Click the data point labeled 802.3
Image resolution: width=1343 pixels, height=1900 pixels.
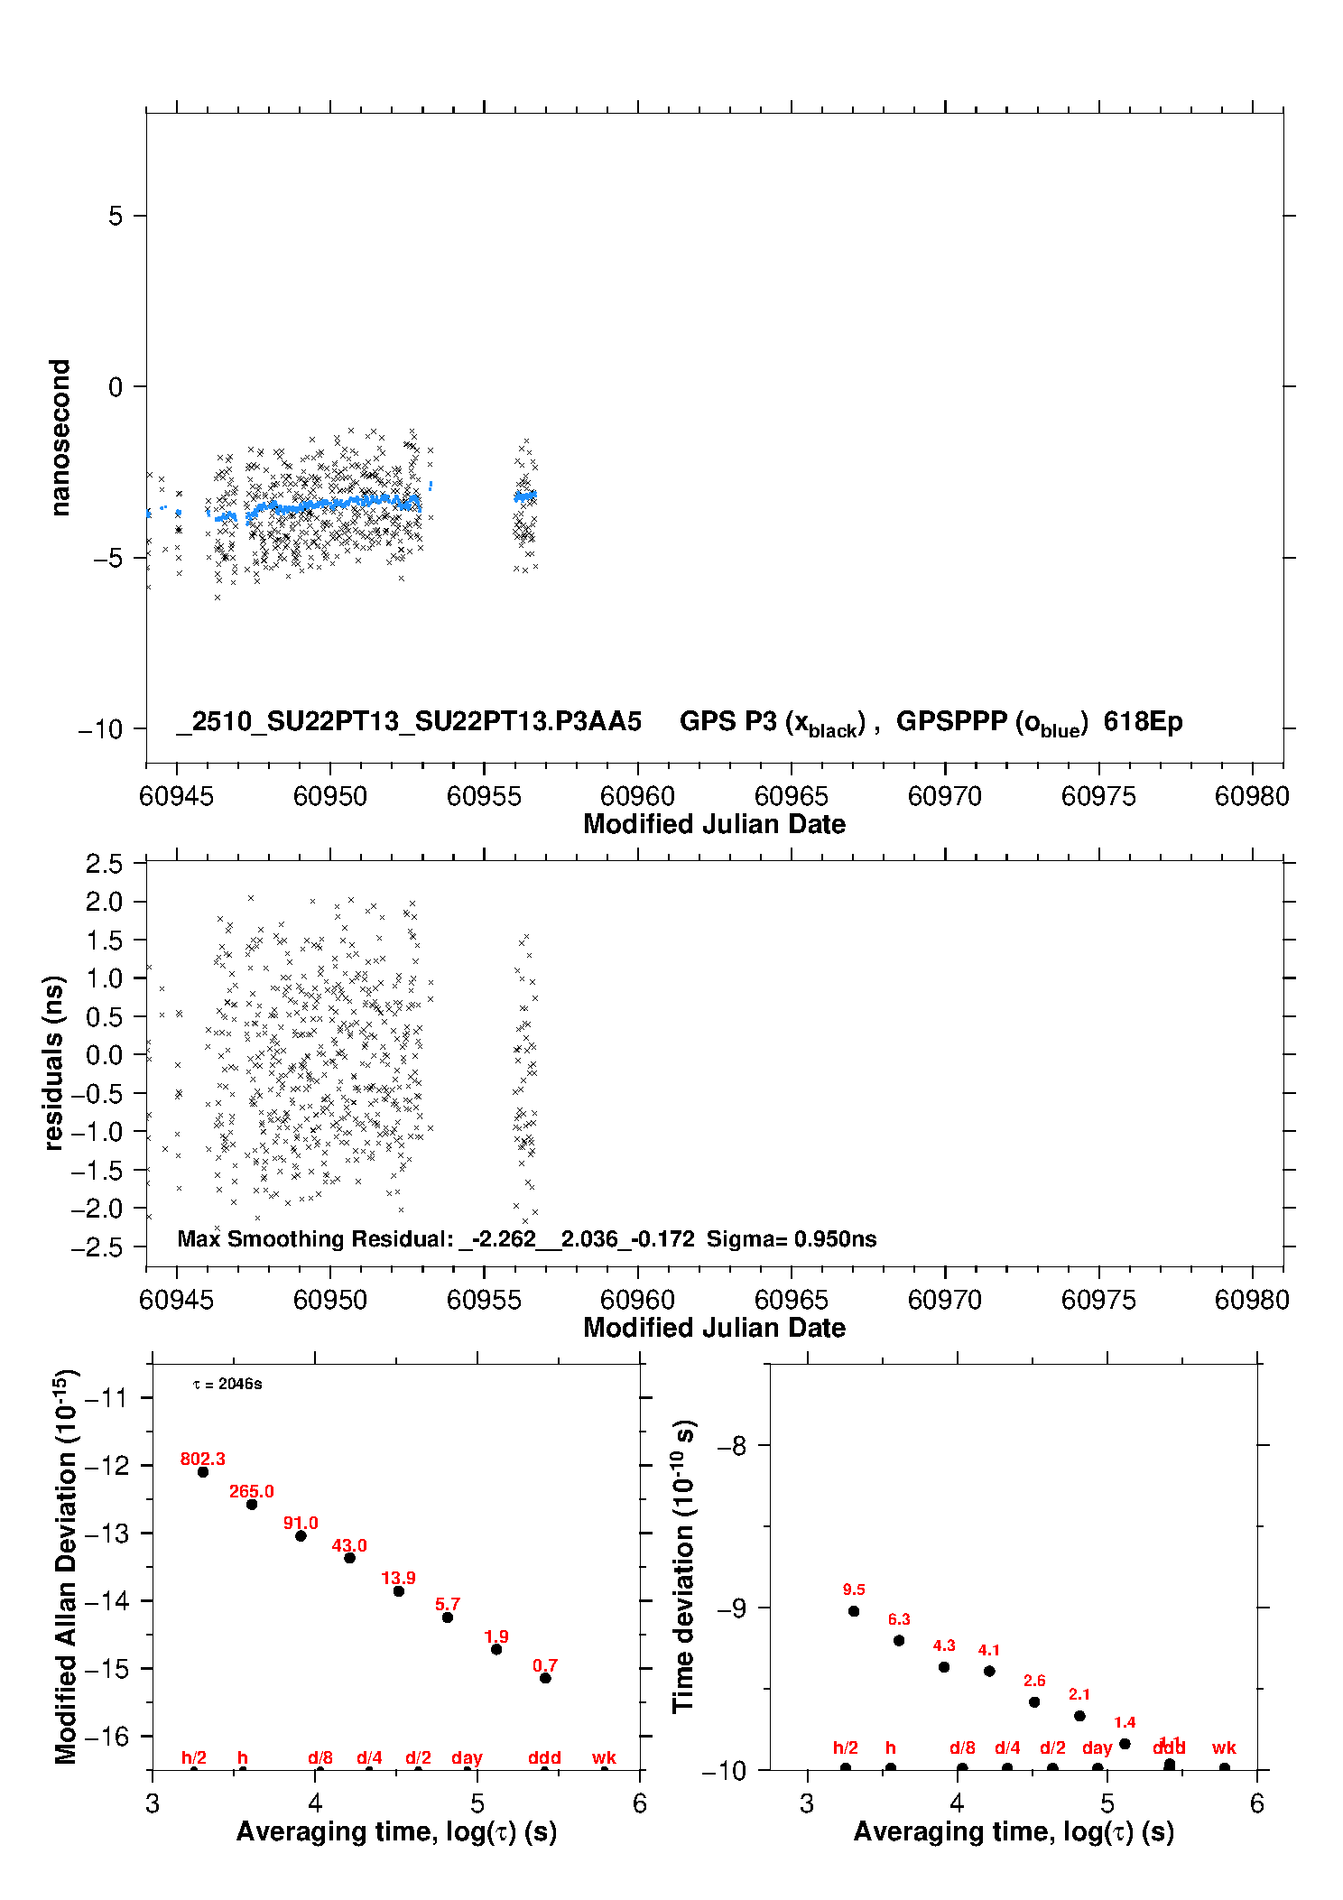click(x=203, y=1471)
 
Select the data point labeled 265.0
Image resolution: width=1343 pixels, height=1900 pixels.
click(x=252, y=1504)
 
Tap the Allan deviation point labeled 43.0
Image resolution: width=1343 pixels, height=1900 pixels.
click(x=349, y=1557)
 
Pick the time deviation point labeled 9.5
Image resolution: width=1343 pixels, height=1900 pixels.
click(x=854, y=1610)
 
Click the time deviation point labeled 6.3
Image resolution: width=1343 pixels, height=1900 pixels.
click(x=899, y=1640)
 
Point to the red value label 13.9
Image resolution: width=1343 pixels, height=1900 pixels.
click(x=398, y=1578)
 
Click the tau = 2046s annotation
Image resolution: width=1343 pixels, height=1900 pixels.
click(x=227, y=1384)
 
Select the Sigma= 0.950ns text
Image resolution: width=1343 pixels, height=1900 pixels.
click(x=792, y=1238)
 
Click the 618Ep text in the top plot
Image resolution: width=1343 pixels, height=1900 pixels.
click(x=1143, y=721)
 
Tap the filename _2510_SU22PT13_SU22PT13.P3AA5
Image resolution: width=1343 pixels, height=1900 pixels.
click(x=409, y=721)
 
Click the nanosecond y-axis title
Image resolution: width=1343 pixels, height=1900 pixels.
click(x=60, y=438)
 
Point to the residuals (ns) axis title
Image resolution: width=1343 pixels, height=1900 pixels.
click(x=54, y=1062)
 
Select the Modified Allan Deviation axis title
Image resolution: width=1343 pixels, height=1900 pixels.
click(x=65, y=1566)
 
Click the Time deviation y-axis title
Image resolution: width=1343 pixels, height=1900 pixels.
click(x=683, y=1566)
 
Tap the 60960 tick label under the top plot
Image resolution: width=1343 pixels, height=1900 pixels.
click(x=637, y=796)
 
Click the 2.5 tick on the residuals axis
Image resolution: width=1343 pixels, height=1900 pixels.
click(x=104, y=864)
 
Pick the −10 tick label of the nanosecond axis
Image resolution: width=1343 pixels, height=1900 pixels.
click(x=100, y=729)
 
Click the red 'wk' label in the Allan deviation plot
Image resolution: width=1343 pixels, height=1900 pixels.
click(x=604, y=1757)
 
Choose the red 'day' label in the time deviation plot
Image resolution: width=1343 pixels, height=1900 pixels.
click(x=1097, y=1747)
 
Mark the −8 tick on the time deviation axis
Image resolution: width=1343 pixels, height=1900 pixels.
click(x=731, y=1446)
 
